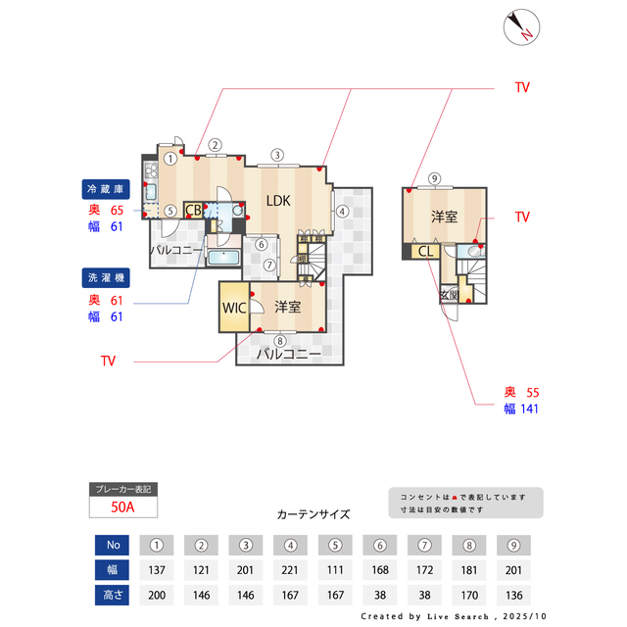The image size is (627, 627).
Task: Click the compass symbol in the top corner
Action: pyautogui.click(x=519, y=27)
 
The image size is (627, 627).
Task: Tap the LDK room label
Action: pyautogui.click(x=278, y=201)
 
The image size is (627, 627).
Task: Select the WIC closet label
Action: pyautogui.click(x=233, y=308)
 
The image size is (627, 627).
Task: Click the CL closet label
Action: pyautogui.click(x=426, y=252)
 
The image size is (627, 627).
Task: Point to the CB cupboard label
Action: pyautogui.click(x=193, y=210)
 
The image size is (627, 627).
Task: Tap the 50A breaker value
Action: pyautogui.click(x=122, y=507)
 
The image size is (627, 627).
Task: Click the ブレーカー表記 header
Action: pyautogui.click(x=122, y=488)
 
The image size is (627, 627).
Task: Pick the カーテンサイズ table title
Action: pyautogui.click(x=313, y=513)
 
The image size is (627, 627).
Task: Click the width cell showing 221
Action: pyautogui.click(x=290, y=569)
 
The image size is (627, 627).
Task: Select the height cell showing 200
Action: pyautogui.click(x=156, y=594)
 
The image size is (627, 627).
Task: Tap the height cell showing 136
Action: pyautogui.click(x=512, y=594)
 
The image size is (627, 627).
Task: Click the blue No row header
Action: pyautogui.click(x=112, y=545)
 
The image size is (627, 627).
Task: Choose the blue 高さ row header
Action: pyautogui.click(x=112, y=594)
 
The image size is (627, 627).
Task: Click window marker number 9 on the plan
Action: pyautogui.click(x=434, y=178)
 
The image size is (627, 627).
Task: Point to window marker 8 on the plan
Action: pyautogui.click(x=279, y=341)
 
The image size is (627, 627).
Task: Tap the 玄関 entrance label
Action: pyautogui.click(x=449, y=294)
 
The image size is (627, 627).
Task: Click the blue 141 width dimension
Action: pyautogui.click(x=529, y=410)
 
